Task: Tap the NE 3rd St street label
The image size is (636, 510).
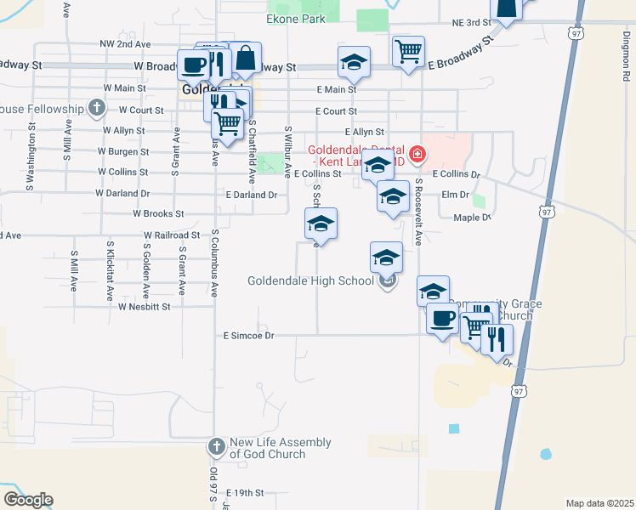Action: [x=472, y=22]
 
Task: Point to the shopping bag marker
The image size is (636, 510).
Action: [x=245, y=58]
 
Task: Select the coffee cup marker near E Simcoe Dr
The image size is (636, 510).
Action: [x=442, y=319]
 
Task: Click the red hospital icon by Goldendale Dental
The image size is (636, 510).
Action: [x=417, y=155]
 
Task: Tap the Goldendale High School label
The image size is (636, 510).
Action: [x=310, y=280]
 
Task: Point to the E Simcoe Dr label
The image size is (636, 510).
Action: [x=248, y=336]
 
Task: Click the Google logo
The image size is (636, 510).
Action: [x=28, y=500]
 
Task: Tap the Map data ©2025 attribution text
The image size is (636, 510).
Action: [x=599, y=503]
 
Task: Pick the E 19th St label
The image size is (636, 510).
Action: [x=246, y=492]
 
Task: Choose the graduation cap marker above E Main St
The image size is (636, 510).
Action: [x=354, y=61]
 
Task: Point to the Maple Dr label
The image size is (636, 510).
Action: [x=473, y=218]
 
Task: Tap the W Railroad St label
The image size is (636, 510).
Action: [x=172, y=235]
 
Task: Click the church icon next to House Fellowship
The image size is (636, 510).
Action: [x=96, y=108]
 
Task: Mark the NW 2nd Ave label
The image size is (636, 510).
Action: [x=125, y=43]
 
